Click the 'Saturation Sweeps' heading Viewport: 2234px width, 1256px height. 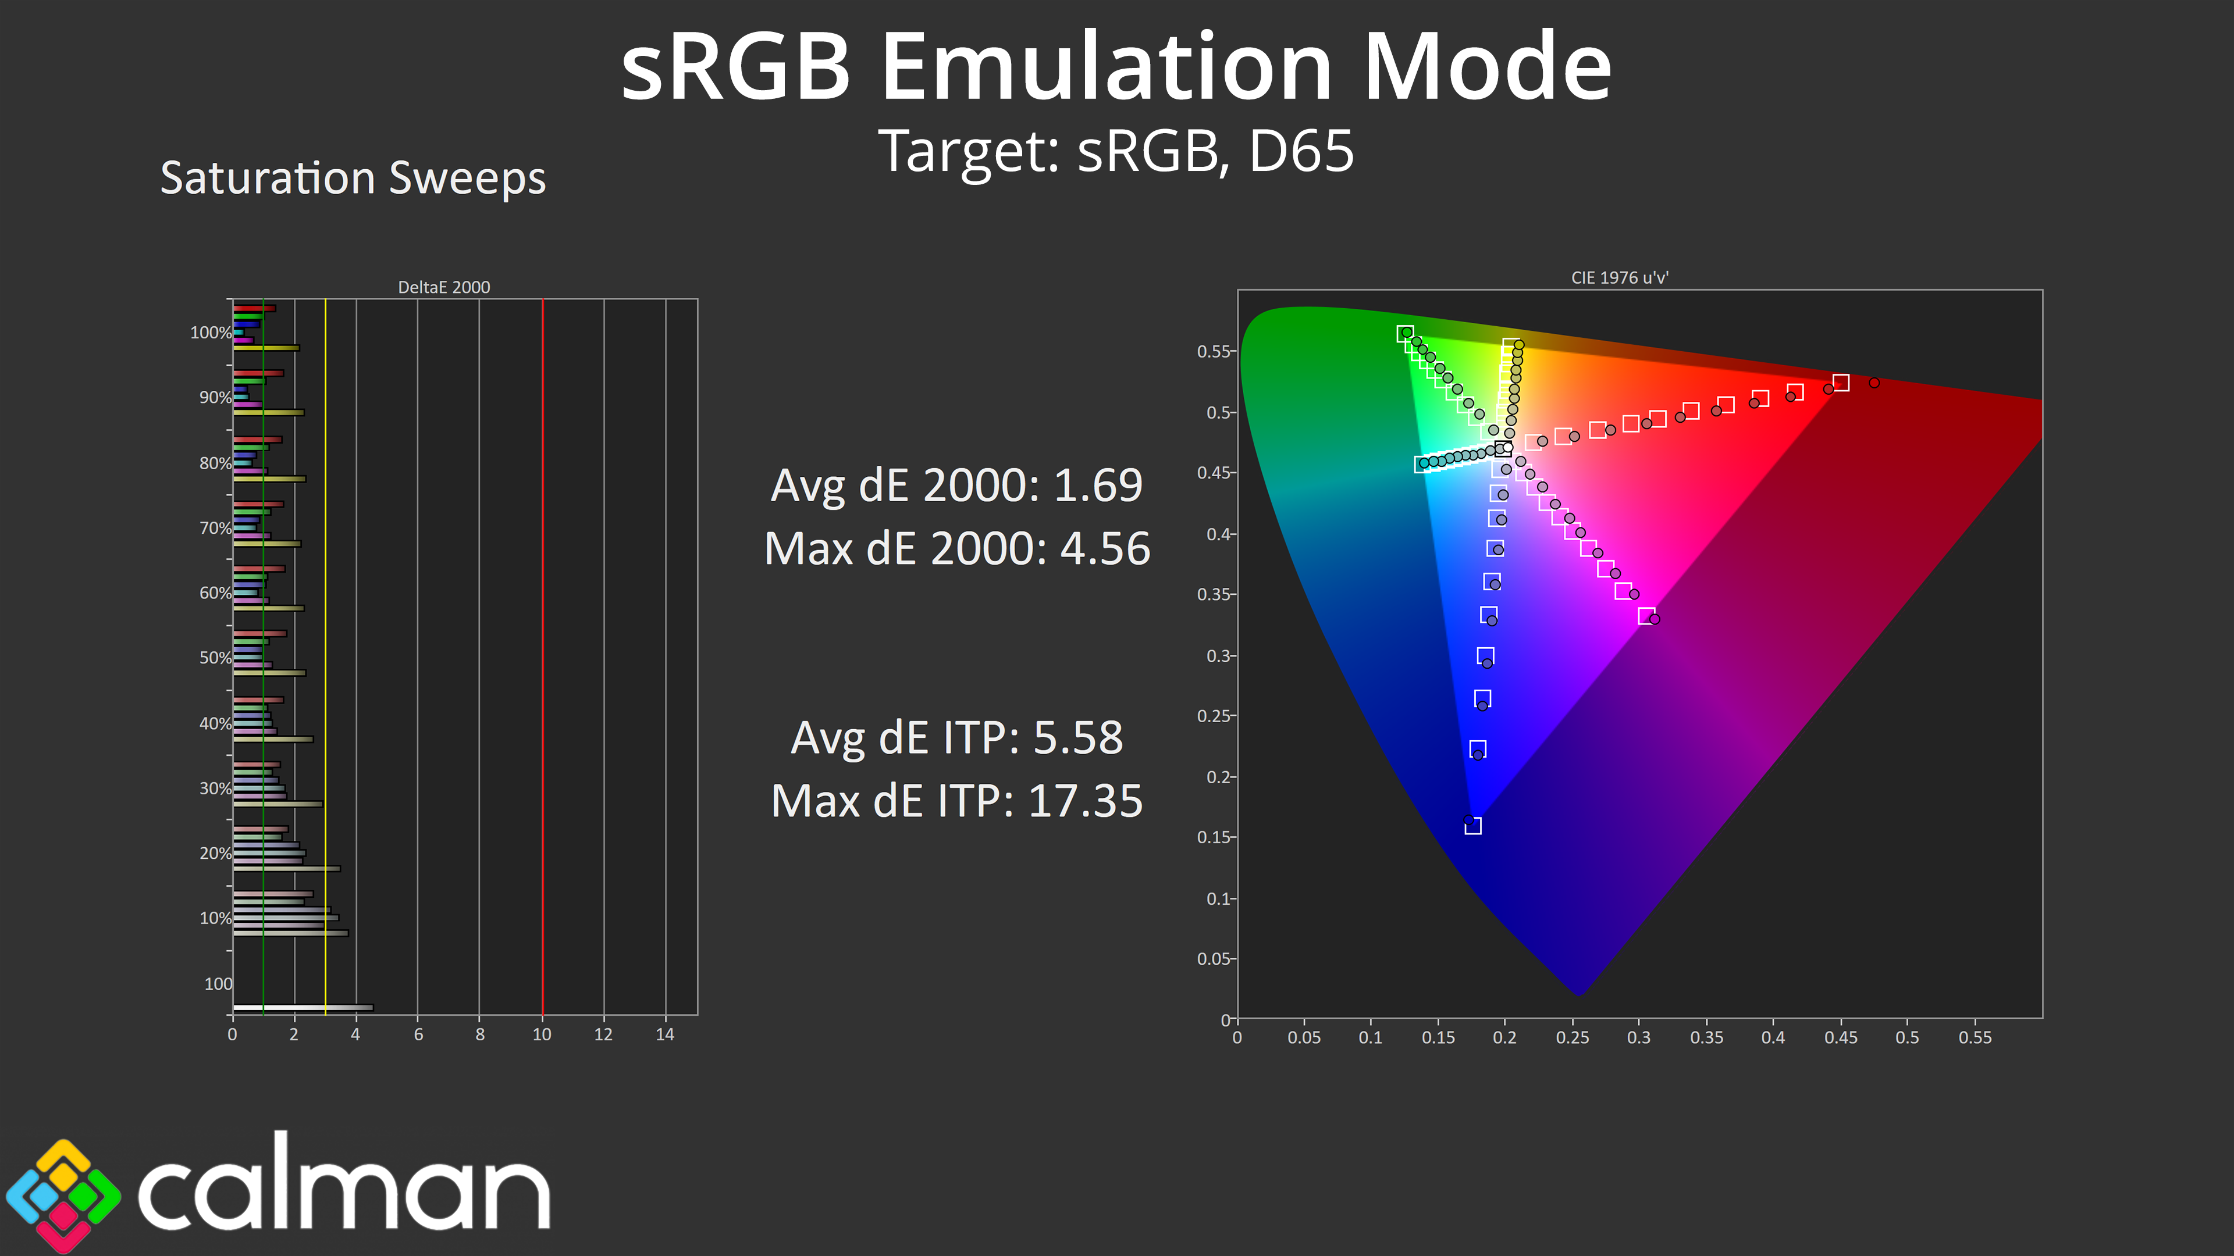(x=353, y=179)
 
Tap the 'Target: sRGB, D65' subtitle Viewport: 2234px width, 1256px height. (x=1116, y=151)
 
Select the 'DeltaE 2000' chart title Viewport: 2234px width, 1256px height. (x=444, y=287)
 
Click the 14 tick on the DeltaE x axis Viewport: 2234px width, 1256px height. (x=665, y=1034)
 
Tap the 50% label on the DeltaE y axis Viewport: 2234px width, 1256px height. (x=215, y=658)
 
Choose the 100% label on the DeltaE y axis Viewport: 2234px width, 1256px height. (x=211, y=332)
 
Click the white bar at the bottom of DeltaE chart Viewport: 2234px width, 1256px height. (x=303, y=1007)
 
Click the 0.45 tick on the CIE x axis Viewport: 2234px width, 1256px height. (x=1840, y=1037)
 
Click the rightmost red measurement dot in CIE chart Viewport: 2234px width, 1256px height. (x=1874, y=382)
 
